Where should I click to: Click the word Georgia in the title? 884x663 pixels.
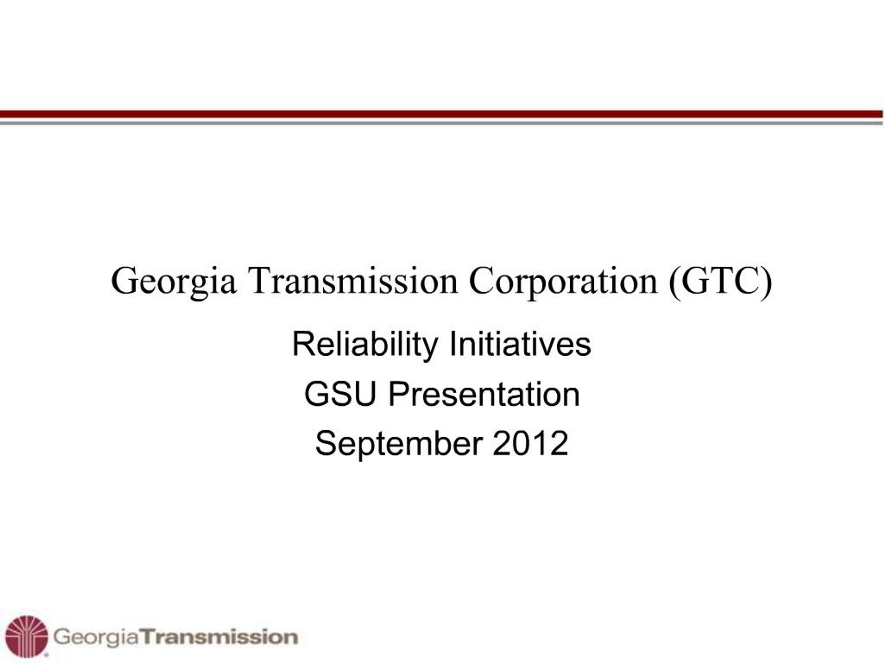[x=173, y=281]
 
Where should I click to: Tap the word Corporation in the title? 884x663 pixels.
[x=563, y=281]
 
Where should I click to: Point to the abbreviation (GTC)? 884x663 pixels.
[x=720, y=281]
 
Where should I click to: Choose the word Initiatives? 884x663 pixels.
[x=520, y=345]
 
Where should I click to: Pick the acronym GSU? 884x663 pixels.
[x=340, y=394]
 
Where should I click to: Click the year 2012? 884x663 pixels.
[x=530, y=444]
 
